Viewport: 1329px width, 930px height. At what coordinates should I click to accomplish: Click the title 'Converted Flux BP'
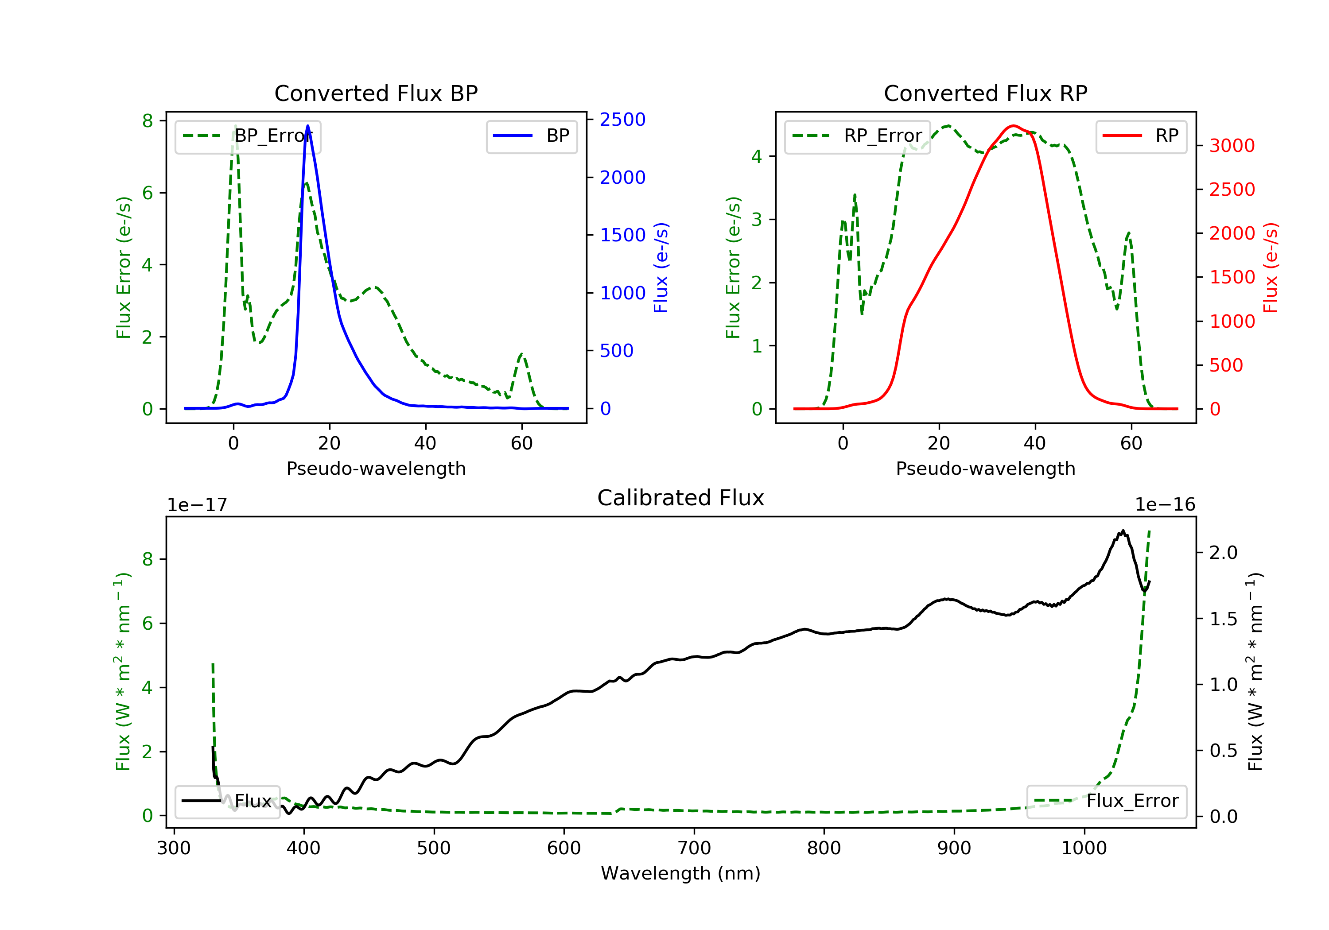[x=376, y=93]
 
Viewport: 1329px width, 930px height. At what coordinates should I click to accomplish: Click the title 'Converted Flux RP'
[x=986, y=93]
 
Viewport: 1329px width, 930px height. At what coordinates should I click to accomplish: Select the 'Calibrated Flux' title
[x=681, y=498]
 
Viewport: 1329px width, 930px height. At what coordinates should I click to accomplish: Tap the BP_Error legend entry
[x=248, y=136]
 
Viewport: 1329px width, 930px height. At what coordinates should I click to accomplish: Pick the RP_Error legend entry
[x=857, y=136]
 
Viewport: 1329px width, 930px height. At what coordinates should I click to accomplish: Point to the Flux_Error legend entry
[x=1107, y=801]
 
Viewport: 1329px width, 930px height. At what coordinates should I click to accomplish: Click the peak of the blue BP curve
[x=307, y=126]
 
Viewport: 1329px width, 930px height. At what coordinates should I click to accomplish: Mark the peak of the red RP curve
[x=1013, y=126]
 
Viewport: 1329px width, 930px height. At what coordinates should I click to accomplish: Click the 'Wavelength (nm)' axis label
[x=681, y=873]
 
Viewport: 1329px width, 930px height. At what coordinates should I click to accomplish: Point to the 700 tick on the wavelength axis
[x=694, y=849]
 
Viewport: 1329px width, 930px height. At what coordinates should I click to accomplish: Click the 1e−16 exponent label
[x=1165, y=505]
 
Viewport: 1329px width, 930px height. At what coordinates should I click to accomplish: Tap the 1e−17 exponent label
[x=198, y=505]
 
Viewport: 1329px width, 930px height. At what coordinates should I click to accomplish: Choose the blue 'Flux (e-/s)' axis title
[x=661, y=268]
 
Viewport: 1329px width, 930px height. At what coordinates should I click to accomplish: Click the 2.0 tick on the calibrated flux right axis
[x=1224, y=553]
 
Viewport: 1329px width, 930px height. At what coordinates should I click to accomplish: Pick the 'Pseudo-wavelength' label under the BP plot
[x=376, y=468]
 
